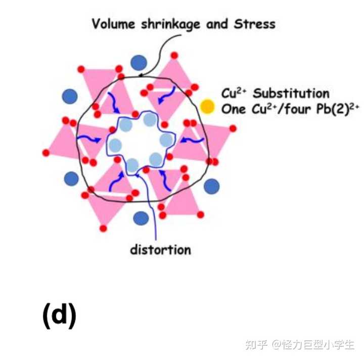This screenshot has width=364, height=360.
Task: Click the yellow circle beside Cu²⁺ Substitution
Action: pyautogui.click(x=207, y=107)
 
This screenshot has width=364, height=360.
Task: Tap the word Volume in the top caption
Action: pyautogui.click(x=114, y=24)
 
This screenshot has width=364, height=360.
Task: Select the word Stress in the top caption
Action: pyautogui.click(x=255, y=24)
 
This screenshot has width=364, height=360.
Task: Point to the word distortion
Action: pyautogui.click(x=161, y=250)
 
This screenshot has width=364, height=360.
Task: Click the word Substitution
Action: pyautogui.click(x=291, y=94)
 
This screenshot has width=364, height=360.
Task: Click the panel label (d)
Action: pyautogui.click(x=60, y=316)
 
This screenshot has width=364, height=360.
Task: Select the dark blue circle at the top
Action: pyautogui.click(x=139, y=63)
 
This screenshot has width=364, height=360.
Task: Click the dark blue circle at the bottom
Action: pyautogui.click(x=141, y=218)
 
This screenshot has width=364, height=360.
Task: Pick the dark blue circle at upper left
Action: pyautogui.click(x=70, y=97)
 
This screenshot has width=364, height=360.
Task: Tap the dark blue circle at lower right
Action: pyautogui.click(x=211, y=186)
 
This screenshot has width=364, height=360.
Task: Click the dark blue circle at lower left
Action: pyautogui.click(x=71, y=178)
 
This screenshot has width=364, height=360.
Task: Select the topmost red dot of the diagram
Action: pyautogui.click(x=174, y=56)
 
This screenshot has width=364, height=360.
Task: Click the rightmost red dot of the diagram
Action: pyautogui.click(x=233, y=128)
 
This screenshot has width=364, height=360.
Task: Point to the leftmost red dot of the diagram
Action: pyautogui.click(x=46, y=153)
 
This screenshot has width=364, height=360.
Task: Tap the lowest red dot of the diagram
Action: pyautogui.click(x=103, y=229)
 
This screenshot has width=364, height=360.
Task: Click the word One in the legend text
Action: pyautogui.click(x=233, y=109)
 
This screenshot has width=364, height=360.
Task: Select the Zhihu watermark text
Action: pyautogui.click(x=300, y=344)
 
